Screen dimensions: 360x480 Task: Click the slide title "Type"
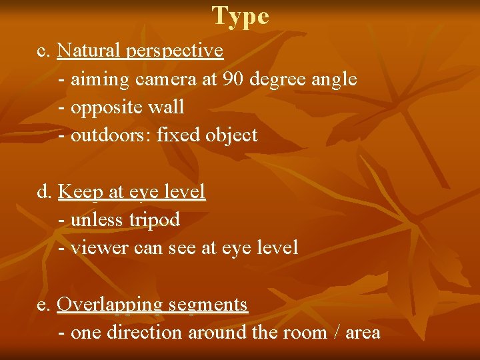pos(241,16)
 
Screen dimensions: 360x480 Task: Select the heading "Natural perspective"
pos(140,51)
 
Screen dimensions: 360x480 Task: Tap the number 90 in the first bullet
pos(234,79)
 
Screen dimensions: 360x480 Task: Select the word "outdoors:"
pos(111,135)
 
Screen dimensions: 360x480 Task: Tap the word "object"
pos(231,135)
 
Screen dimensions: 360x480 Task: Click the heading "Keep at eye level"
pos(131,192)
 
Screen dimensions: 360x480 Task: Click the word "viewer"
pos(99,248)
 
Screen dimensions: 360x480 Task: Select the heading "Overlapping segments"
pos(153,305)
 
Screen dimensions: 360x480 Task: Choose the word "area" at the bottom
pos(363,333)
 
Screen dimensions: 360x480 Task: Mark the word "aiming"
pos(100,80)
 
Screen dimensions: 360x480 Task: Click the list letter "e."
pos(44,305)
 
